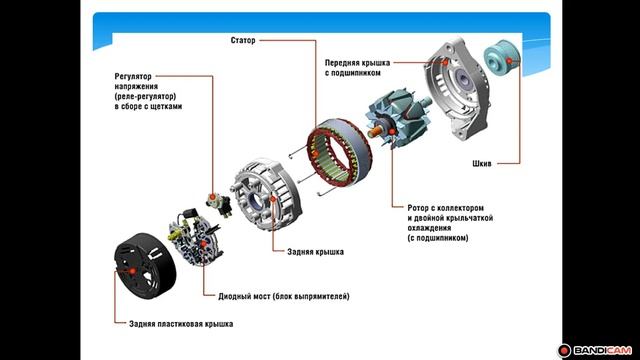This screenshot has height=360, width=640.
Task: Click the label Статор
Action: (243, 40)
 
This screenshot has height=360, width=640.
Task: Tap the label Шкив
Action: (482, 164)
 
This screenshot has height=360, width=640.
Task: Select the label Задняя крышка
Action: (315, 252)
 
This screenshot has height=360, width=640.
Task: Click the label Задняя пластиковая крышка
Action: (181, 324)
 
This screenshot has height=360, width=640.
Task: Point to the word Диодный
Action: (234, 296)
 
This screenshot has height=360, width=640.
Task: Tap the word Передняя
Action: (342, 63)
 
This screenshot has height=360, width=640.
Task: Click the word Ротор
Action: (418, 208)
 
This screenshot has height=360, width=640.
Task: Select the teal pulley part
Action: (502, 59)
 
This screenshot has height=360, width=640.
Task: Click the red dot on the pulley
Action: (509, 61)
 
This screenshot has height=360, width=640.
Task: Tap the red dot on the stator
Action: (315, 154)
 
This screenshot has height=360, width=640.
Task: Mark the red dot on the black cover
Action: (132, 271)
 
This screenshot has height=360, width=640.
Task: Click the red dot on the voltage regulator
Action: (212, 197)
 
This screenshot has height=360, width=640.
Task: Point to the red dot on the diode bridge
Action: (203, 244)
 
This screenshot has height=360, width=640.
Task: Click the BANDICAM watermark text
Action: (602, 350)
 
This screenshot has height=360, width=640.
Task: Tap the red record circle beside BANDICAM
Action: (564, 350)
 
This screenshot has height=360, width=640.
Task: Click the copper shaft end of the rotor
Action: (375, 132)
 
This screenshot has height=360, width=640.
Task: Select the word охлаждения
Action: (429, 228)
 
